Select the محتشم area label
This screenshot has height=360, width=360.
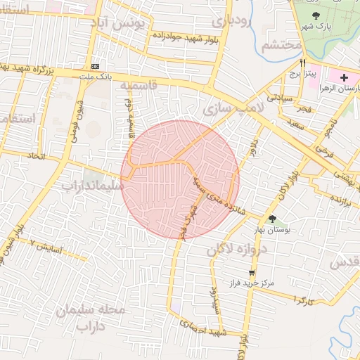pyautogui.click(x=281, y=46)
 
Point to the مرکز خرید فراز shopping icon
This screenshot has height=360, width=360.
pyautogui.click(x=252, y=272)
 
